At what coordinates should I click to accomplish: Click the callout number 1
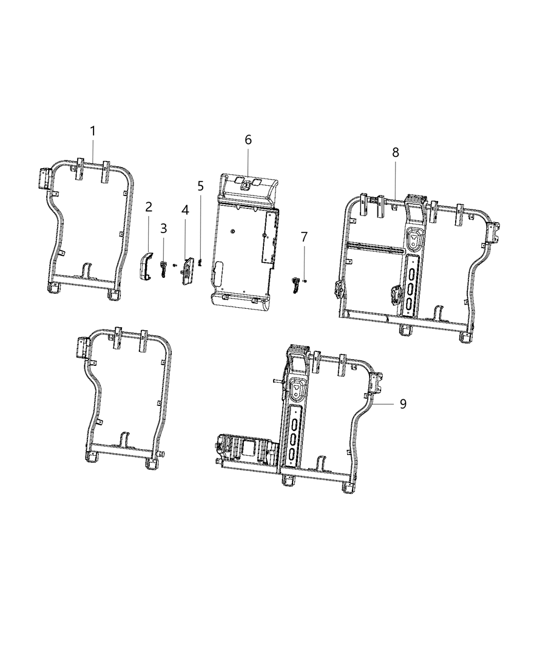click(x=93, y=131)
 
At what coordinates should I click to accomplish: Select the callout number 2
click(x=149, y=207)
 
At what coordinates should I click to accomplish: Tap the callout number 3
click(x=164, y=227)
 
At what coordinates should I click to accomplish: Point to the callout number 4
click(x=185, y=210)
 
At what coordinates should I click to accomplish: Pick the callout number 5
click(x=201, y=186)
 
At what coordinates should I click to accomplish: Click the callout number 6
click(x=248, y=139)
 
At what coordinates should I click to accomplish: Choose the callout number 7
click(x=304, y=237)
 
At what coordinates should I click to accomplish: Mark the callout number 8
click(x=395, y=152)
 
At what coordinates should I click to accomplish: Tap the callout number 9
click(x=403, y=404)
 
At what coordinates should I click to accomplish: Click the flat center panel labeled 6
click(x=242, y=247)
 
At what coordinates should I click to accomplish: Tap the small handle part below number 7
click(x=296, y=285)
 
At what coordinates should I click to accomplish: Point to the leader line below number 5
click(x=201, y=226)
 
